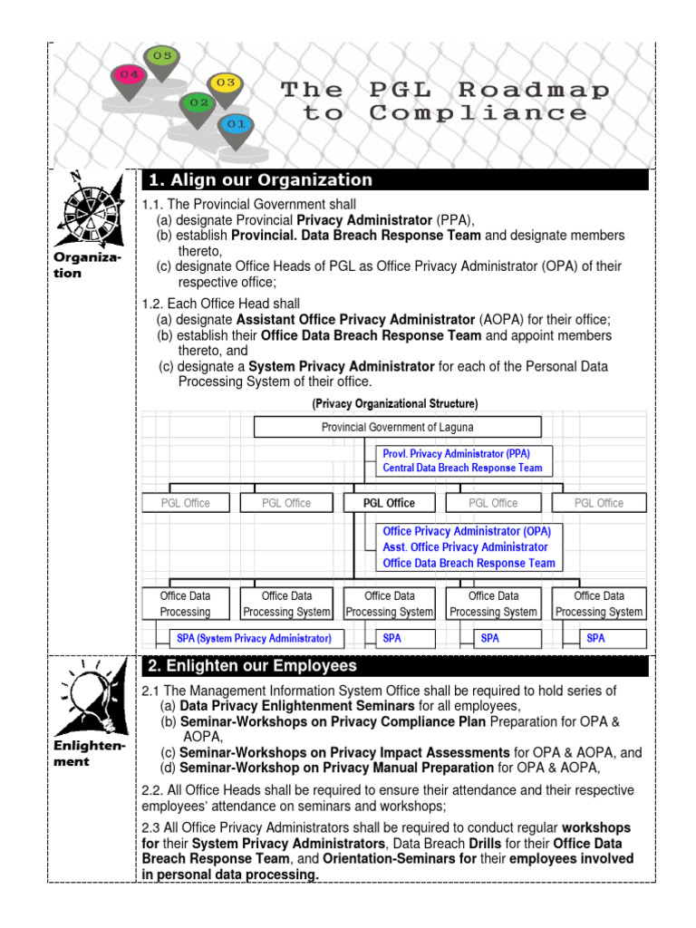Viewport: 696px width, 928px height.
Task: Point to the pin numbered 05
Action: click(161, 57)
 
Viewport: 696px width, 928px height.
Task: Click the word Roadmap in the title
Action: click(534, 90)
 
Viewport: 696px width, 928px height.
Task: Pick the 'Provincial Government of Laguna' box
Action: click(397, 427)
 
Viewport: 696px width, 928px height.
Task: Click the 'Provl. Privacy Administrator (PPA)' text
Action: click(457, 452)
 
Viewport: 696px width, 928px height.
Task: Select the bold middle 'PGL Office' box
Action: click(389, 503)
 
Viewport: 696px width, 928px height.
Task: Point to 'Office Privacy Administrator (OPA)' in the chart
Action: click(466, 531)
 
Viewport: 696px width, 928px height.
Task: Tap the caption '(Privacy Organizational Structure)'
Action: click(395, 402)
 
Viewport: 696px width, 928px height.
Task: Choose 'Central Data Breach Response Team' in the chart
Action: click(462, 468)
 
